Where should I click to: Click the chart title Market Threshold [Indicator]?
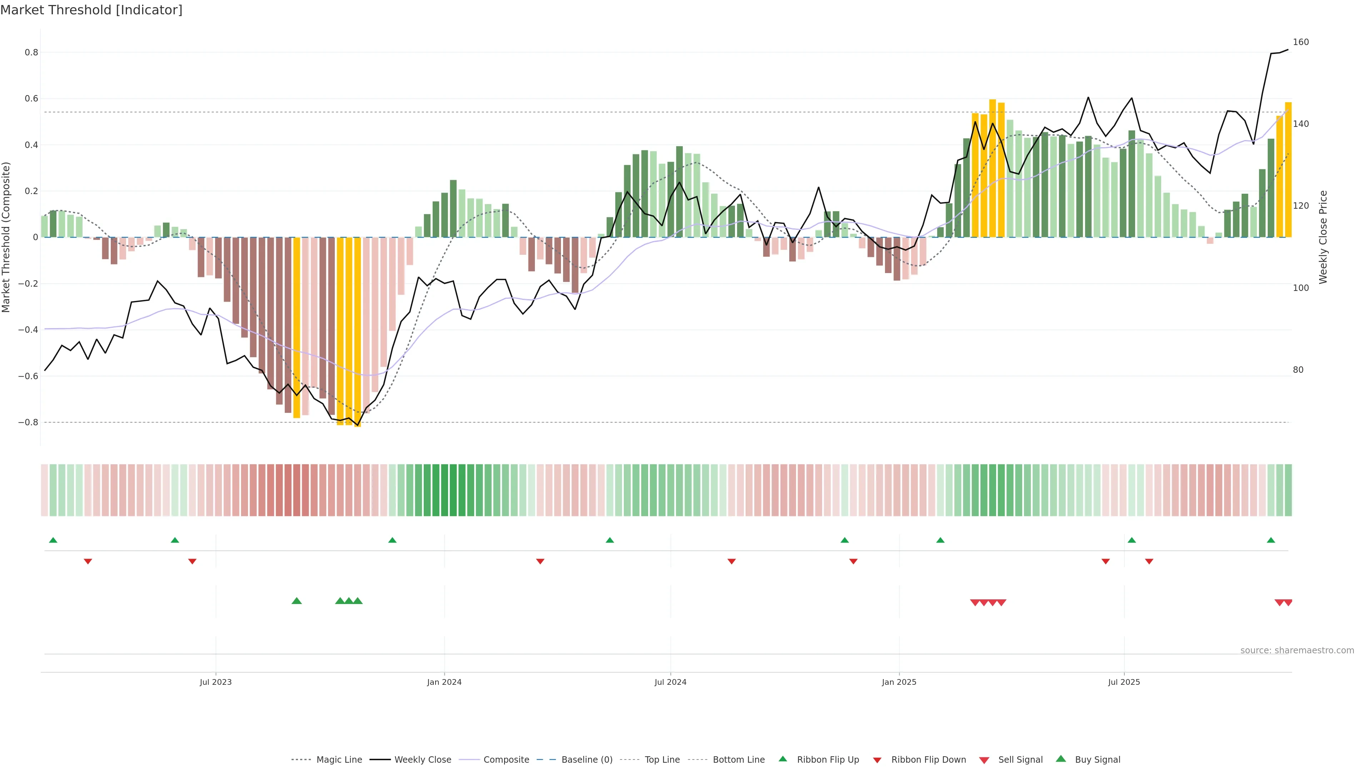point(91,10)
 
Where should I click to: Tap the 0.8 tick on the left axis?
point(31,52)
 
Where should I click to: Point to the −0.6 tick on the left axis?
point(28,376)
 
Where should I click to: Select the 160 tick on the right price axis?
point(1301,42)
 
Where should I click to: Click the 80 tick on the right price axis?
point(1298,370)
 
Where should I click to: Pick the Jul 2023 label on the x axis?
point(216,682)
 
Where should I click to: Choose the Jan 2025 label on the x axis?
point(899,682)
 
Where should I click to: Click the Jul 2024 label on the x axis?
point(671,682)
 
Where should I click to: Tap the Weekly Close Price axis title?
point(1323,237)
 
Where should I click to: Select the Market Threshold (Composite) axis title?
point(6,237)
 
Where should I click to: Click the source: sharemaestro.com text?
point(1297,650)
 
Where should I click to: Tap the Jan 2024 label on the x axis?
point(444,682)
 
